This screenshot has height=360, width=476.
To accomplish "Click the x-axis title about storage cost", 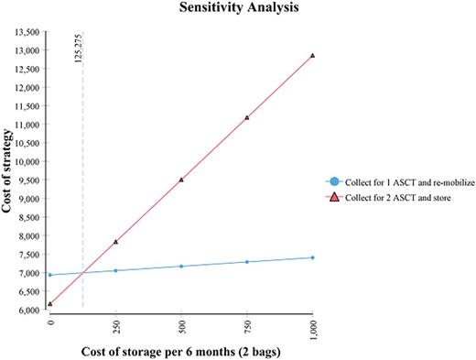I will [180, 351].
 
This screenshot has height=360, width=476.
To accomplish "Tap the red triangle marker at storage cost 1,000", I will [313, 56].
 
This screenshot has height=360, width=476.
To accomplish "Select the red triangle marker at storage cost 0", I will [50, 303].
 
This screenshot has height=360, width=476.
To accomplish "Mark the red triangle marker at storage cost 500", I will [181, 180].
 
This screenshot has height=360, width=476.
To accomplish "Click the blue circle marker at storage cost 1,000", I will [313, 257].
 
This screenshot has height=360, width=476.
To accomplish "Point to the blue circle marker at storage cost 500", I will [181, 267].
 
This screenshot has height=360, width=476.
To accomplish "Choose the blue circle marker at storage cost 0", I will [50, 275].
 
